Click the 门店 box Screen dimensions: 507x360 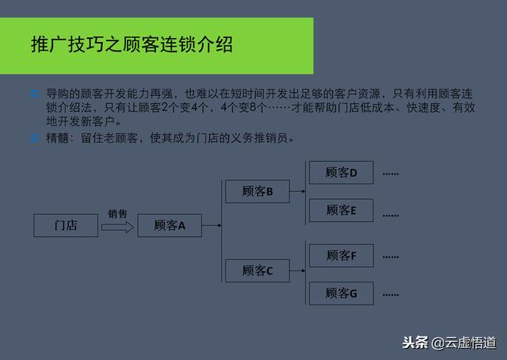66,225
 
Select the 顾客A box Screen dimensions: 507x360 170,225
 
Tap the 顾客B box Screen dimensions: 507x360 257,191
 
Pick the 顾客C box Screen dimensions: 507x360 257,270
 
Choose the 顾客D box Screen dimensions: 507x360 341,173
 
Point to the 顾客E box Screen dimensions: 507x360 341,210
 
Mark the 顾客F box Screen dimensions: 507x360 341,255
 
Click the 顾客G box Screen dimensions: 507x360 341,293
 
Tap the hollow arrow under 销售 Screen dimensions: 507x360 118,228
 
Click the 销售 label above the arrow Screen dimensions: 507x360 118,213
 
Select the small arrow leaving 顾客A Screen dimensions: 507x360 212,225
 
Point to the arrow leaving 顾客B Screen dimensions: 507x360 298,191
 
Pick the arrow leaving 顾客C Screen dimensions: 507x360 298,270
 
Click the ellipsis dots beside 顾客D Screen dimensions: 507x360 391,174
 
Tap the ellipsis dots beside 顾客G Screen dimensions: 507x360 391,295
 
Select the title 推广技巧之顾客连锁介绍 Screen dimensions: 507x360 132,44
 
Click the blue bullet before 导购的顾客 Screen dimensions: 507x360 34,94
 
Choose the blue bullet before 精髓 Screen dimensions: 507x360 34,138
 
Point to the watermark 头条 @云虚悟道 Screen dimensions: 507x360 449,343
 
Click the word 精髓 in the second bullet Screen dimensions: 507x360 57,138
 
